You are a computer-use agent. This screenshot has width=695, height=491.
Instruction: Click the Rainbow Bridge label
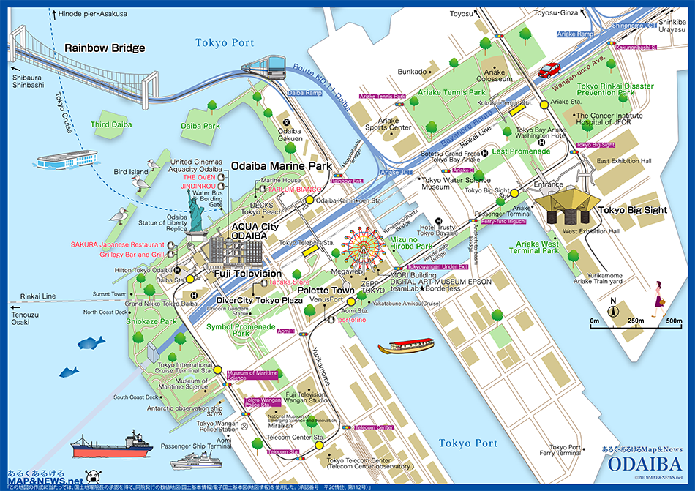pos(105,48)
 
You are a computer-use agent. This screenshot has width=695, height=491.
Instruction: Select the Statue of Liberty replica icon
pos(196,217)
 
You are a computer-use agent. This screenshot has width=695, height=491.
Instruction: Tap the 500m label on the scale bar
pos(674,321)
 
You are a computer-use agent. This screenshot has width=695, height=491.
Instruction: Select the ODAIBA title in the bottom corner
pos(645,465)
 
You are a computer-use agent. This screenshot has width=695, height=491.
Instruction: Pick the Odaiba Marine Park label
pos(282,166)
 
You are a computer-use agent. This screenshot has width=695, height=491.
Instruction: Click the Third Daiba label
pos(110,125)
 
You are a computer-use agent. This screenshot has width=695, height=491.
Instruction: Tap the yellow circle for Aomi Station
pos(350,301)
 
